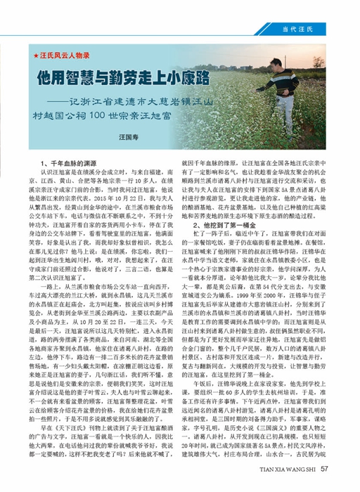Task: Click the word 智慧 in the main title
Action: pos(72,74)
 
